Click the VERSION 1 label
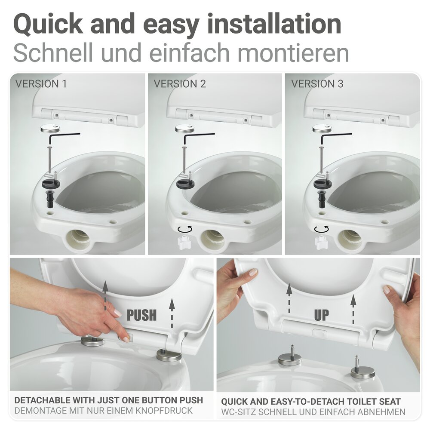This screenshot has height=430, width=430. coord(41,83)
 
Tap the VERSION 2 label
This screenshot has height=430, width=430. coord(180,83)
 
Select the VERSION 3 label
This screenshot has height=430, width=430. coord(317,83)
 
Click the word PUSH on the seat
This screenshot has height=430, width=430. coord(142,315)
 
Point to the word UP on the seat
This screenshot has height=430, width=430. coord(321,315)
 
